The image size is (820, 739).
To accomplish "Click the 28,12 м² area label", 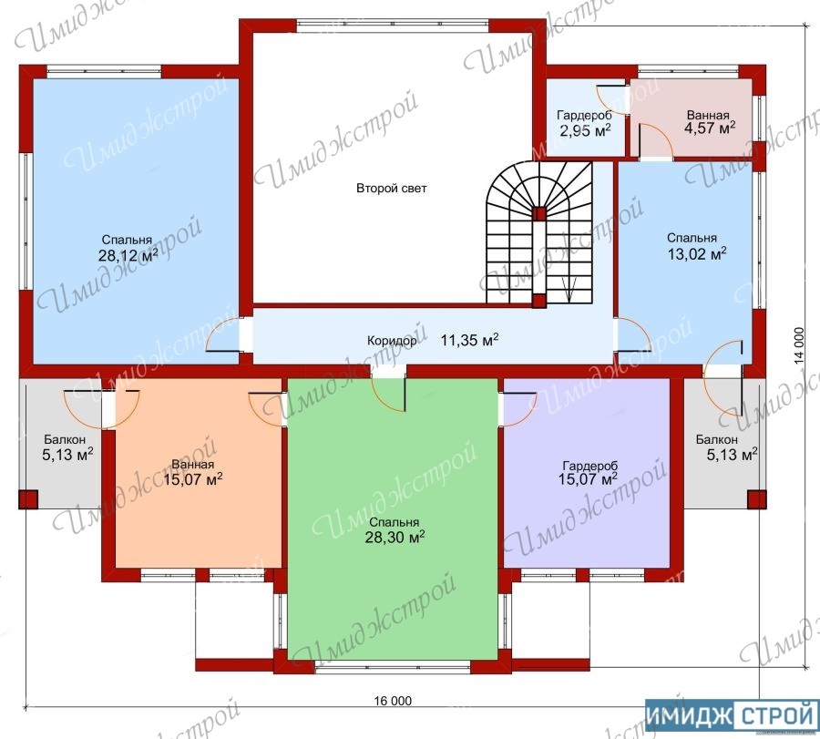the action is point(128,255).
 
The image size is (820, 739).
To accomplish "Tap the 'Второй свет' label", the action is point(391,189).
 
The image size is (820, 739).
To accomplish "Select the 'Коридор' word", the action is point(392,341).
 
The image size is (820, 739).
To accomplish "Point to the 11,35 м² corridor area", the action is point(469,340).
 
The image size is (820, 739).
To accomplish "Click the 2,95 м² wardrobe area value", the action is point(585,130).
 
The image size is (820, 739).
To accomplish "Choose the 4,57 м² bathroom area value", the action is point(710,128).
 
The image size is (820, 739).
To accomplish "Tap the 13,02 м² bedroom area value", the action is point(697,253).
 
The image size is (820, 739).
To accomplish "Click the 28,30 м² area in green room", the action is point(395,537).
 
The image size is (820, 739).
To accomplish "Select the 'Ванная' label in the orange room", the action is point(193,465).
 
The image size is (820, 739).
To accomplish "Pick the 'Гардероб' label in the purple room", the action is point(589,466).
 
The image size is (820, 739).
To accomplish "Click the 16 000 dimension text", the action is point(394,701).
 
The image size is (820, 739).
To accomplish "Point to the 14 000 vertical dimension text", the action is point(798,345).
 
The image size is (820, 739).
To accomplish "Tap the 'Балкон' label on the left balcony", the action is point(65,440).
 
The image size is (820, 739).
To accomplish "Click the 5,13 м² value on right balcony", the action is point(732,454).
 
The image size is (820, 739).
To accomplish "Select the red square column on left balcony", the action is point(28,499).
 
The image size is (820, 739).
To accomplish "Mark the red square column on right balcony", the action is point(757,499).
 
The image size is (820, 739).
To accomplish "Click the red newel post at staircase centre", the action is point(539,213).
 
